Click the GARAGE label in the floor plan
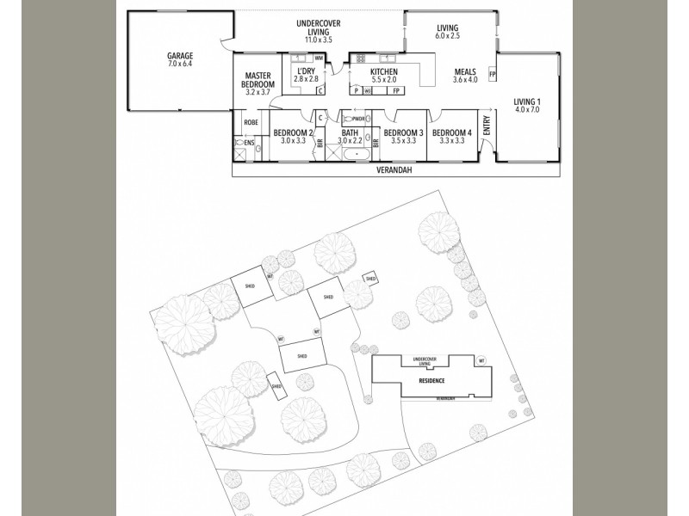[180, 57]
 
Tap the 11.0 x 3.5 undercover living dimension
[319, 40]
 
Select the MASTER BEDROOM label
[258, 80]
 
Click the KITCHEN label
[383, 71]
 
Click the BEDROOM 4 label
[449, 132]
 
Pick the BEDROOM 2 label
[292, 132]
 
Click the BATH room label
[350, 132]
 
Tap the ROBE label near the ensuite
[251, 122]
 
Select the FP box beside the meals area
[492, 75]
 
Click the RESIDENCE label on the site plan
[431, 379]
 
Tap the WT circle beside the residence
[481, 359]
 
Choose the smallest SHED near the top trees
[370, 278]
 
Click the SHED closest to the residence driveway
[302, 355]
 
